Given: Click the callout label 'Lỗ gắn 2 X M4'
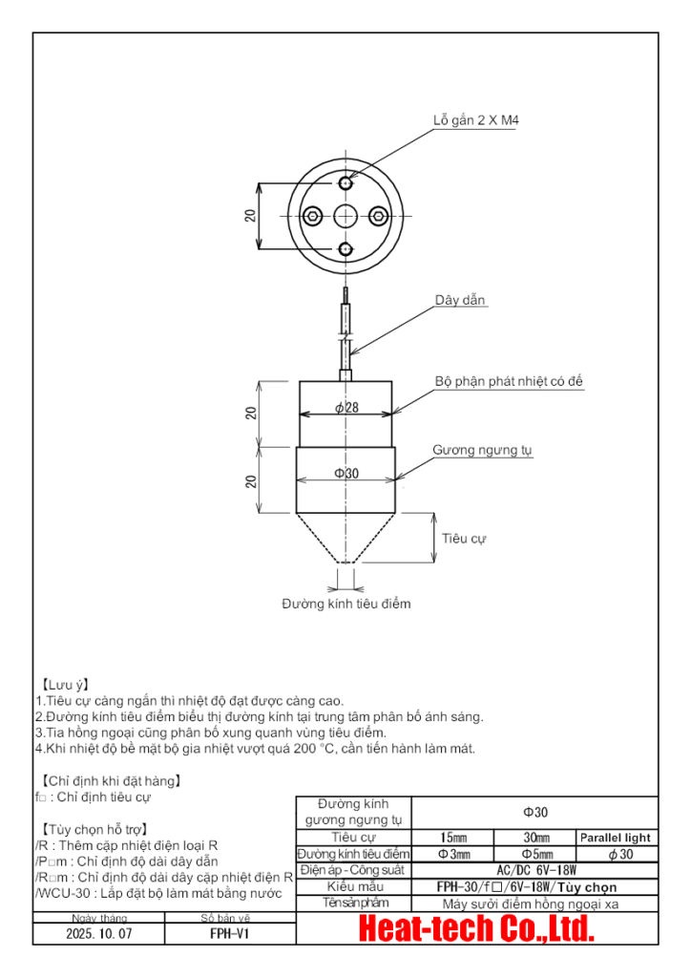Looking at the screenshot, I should pyautogui.click(x=475, y=121).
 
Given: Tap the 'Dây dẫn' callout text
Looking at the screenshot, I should pyautogui.click(x=461, y=300).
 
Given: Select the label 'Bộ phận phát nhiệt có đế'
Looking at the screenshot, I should pyautogui.click(x=509, y=381).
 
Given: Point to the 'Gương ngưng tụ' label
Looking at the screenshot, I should pyautogui.click(x=482, y=449).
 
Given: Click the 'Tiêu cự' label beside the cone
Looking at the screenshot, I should pyautogui.click(x=464, y=539).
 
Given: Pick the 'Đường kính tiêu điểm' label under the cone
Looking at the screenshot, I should pyautogui.click(x=345, y=604).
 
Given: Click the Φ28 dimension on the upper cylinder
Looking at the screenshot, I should pyautogui.click(x=346, y=408).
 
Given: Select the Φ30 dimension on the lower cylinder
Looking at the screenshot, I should pyautogui.click(x=345, y=474).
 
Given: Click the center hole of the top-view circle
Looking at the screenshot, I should pyautogui.click(x=345, y=215).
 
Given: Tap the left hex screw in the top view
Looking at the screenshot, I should pyautogui.click(x=312, y=215).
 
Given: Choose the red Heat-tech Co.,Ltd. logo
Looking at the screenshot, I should pyautogui.click(x=476, y=928).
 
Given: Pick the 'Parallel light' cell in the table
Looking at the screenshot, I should pyautogui.click(x=616, y=838).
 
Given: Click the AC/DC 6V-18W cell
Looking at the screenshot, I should pyautogui.click(x=536, y=870).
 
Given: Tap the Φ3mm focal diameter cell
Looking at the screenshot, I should pyautogui.click(x=454, y=854).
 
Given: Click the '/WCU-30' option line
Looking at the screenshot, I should pyautogui.click(x=158, y=893).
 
